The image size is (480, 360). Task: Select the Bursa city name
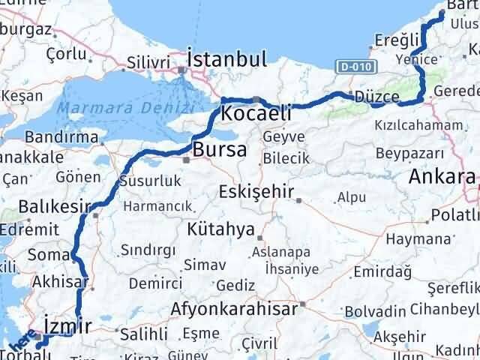(219, 150)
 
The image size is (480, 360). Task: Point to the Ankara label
(442, 178)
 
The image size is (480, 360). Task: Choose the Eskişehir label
(256, 192)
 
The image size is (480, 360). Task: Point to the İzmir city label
(67, 325)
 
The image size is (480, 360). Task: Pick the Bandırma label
(61, 137)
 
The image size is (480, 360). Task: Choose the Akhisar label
(60, 283)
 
